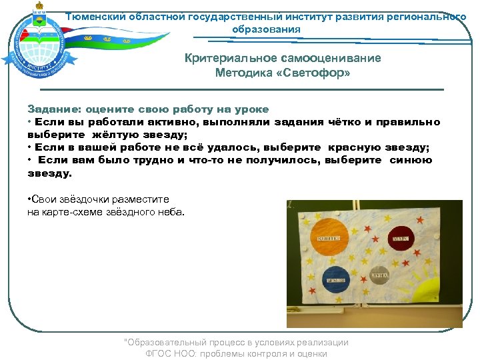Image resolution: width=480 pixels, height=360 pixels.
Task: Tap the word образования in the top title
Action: (x=266, y=29)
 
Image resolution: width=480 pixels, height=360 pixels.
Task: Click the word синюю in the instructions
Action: (x=410, y=160)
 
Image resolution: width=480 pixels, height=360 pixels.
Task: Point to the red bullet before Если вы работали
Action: (x=30, y=122)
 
